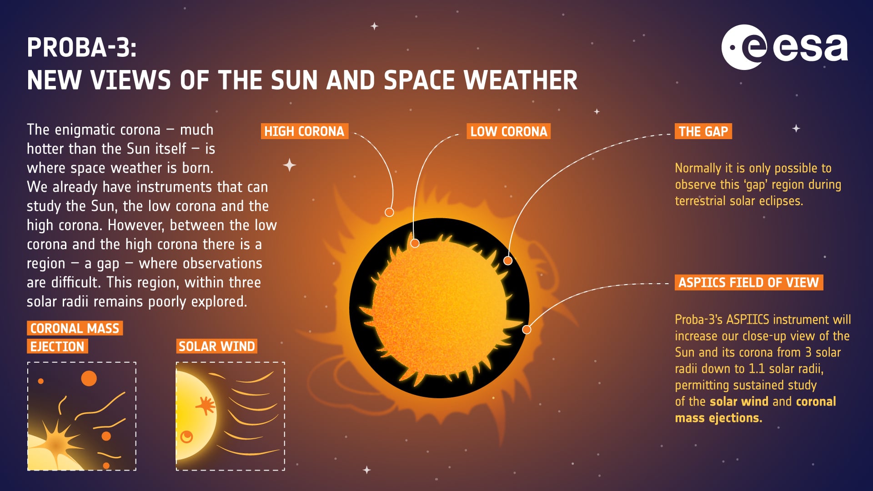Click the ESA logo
point(784,47)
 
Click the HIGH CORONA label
point(304,131)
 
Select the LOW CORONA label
point(508,131)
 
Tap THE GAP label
point(703,131)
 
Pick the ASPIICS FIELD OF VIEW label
point(748,282)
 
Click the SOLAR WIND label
point(216,346)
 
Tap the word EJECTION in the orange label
point(57,346)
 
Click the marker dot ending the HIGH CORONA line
point(389,212)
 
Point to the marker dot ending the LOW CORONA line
point(415,243)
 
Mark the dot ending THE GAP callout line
point(508,261)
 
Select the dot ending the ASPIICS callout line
point(527,330)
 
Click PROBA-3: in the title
point(81,47)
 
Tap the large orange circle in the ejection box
point(89,378)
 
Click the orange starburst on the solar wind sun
point(206,405)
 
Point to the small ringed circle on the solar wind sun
point(186,437)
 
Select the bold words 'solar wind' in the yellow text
point(739,401)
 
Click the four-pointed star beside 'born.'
point(290,165)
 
